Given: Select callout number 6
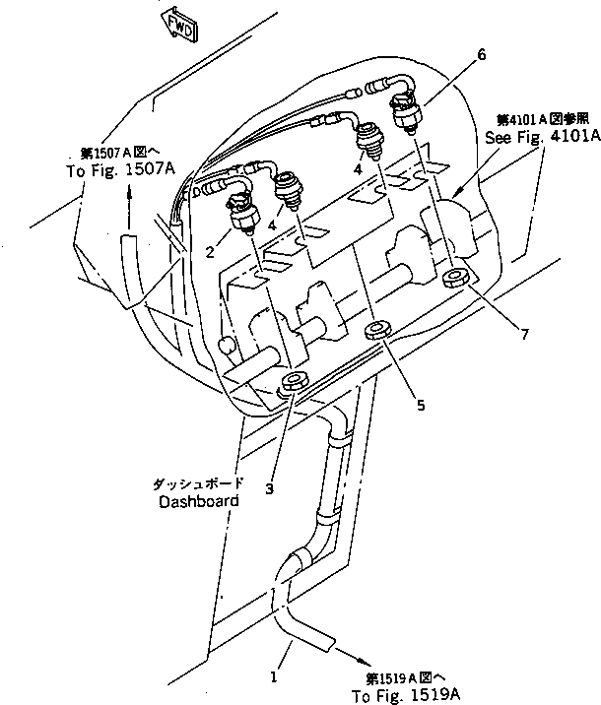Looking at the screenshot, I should click(481, 57).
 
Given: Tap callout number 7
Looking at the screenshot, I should click(524, 335).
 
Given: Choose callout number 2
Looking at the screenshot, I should click(210, 252).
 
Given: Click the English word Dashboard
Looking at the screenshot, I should click(198, 501).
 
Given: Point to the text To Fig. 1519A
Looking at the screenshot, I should click(405, 694).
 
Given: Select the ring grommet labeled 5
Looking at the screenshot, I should click(378, 329).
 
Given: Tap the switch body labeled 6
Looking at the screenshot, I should click(412, 110).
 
